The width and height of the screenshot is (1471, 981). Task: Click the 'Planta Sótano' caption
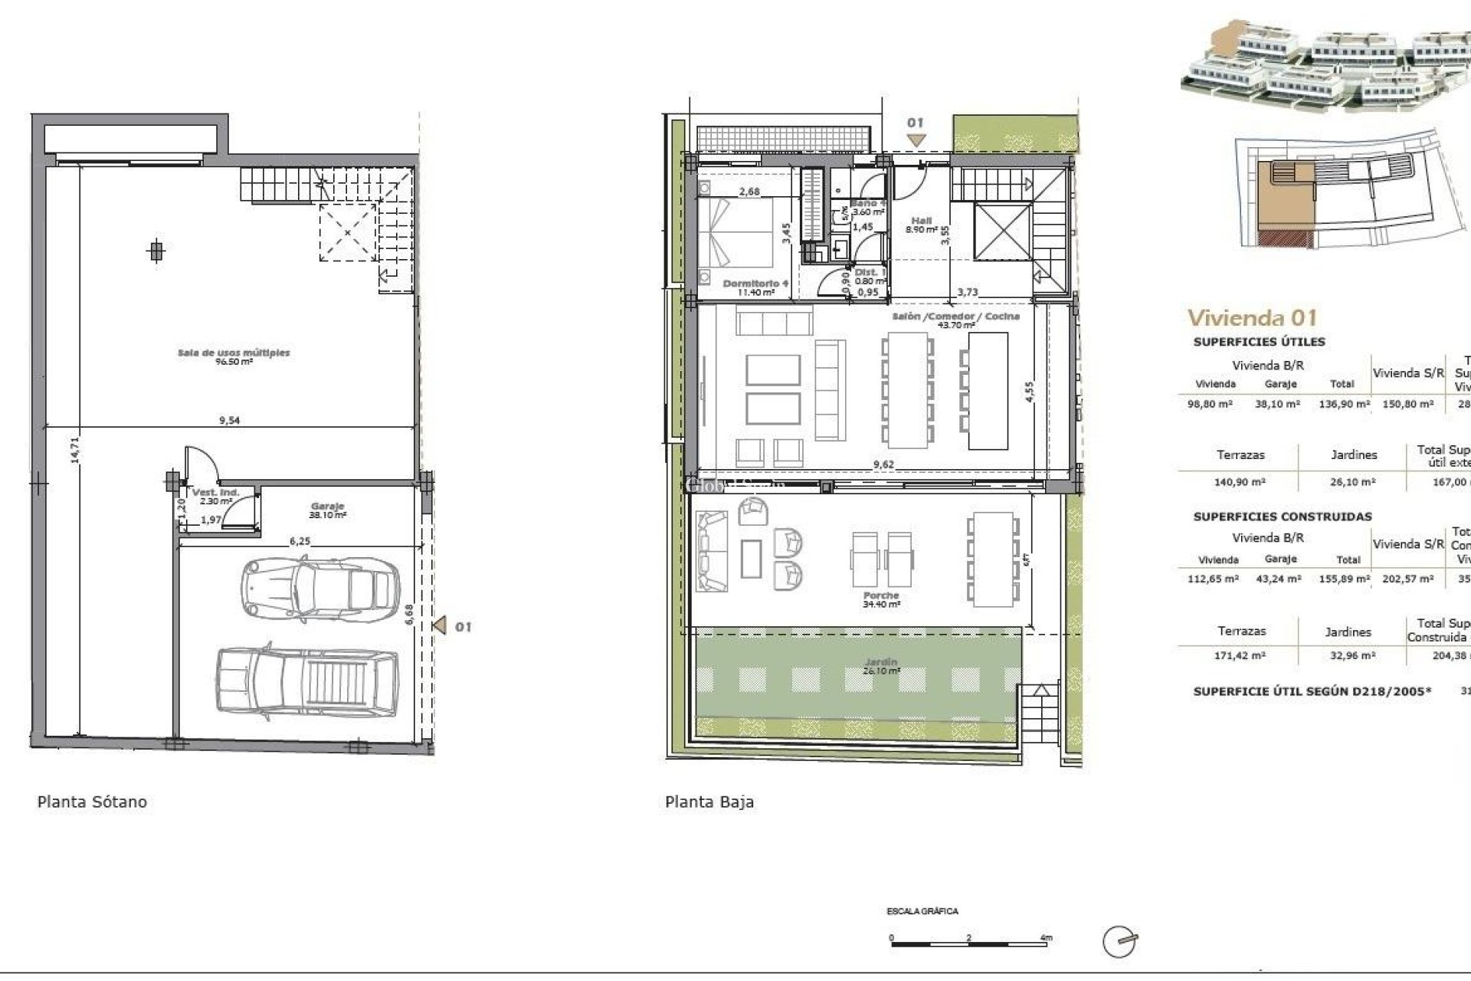point(92,802)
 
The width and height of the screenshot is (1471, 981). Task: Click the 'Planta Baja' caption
point(709,802)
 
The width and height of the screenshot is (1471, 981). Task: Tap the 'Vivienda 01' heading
point(1252,317)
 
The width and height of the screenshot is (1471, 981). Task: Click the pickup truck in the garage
point(308,682)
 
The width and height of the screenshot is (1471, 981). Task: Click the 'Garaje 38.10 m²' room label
point(327,510)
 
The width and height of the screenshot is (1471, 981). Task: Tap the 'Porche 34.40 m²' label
point(880,599)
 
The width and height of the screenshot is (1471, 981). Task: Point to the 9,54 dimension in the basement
point(229,421)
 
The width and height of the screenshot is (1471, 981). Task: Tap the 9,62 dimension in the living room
point(883,464)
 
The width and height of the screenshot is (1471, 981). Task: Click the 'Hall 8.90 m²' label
point(921,225)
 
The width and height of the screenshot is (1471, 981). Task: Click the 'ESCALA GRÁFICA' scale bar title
point(922,911)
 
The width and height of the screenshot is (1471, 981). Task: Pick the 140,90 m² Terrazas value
point(1240,482)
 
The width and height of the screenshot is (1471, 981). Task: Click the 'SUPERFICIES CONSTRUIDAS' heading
point(1282,517)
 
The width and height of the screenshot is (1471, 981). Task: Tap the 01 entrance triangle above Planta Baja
point(916,139)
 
